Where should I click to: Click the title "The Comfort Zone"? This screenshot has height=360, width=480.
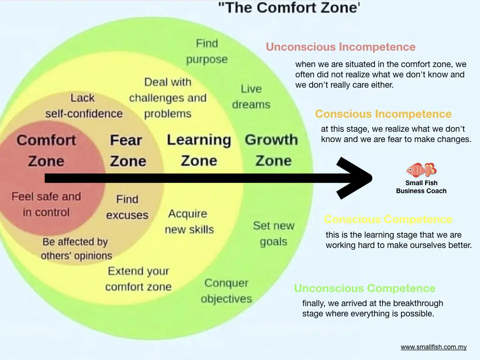click(x=289, y=8)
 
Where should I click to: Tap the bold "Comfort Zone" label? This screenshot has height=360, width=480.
click(x=46, y=150)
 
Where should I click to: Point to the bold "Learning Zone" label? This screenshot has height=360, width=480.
click(x=199, y=150)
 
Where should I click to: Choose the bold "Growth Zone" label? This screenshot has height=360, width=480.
click(x=272, y=150)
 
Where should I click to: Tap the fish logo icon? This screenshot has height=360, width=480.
click(x=421, y=169)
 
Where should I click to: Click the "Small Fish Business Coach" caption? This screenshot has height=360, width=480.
click(x=421, y=187)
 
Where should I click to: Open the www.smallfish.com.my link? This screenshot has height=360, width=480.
click(x=434, y=347)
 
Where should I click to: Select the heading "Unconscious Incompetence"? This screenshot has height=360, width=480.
click(x=340, y=47)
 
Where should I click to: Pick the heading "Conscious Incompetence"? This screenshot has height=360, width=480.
click(x=383, y=114)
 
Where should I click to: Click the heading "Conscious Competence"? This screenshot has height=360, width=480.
click(x=388, y=219)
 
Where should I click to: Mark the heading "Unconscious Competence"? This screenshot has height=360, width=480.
click(x=364, y=288)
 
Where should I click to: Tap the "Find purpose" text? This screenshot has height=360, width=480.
click(x=207, y=52)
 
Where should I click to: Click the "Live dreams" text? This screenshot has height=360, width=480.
click(x=251, y=96)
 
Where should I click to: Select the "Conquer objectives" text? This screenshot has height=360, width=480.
click(x=226, y=291)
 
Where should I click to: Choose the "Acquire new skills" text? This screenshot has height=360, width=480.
click(x=189, y=222)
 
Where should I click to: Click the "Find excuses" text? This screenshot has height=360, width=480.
click(x=127, y=207)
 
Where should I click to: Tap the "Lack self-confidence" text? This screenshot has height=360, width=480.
click(x=83, y=105)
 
